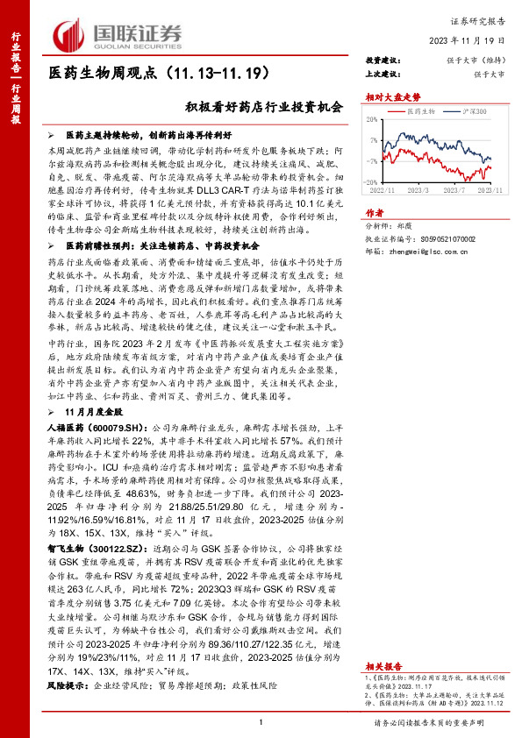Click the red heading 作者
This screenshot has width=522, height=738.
coord(375,213)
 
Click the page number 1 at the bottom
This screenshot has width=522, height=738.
coord(261,721)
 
